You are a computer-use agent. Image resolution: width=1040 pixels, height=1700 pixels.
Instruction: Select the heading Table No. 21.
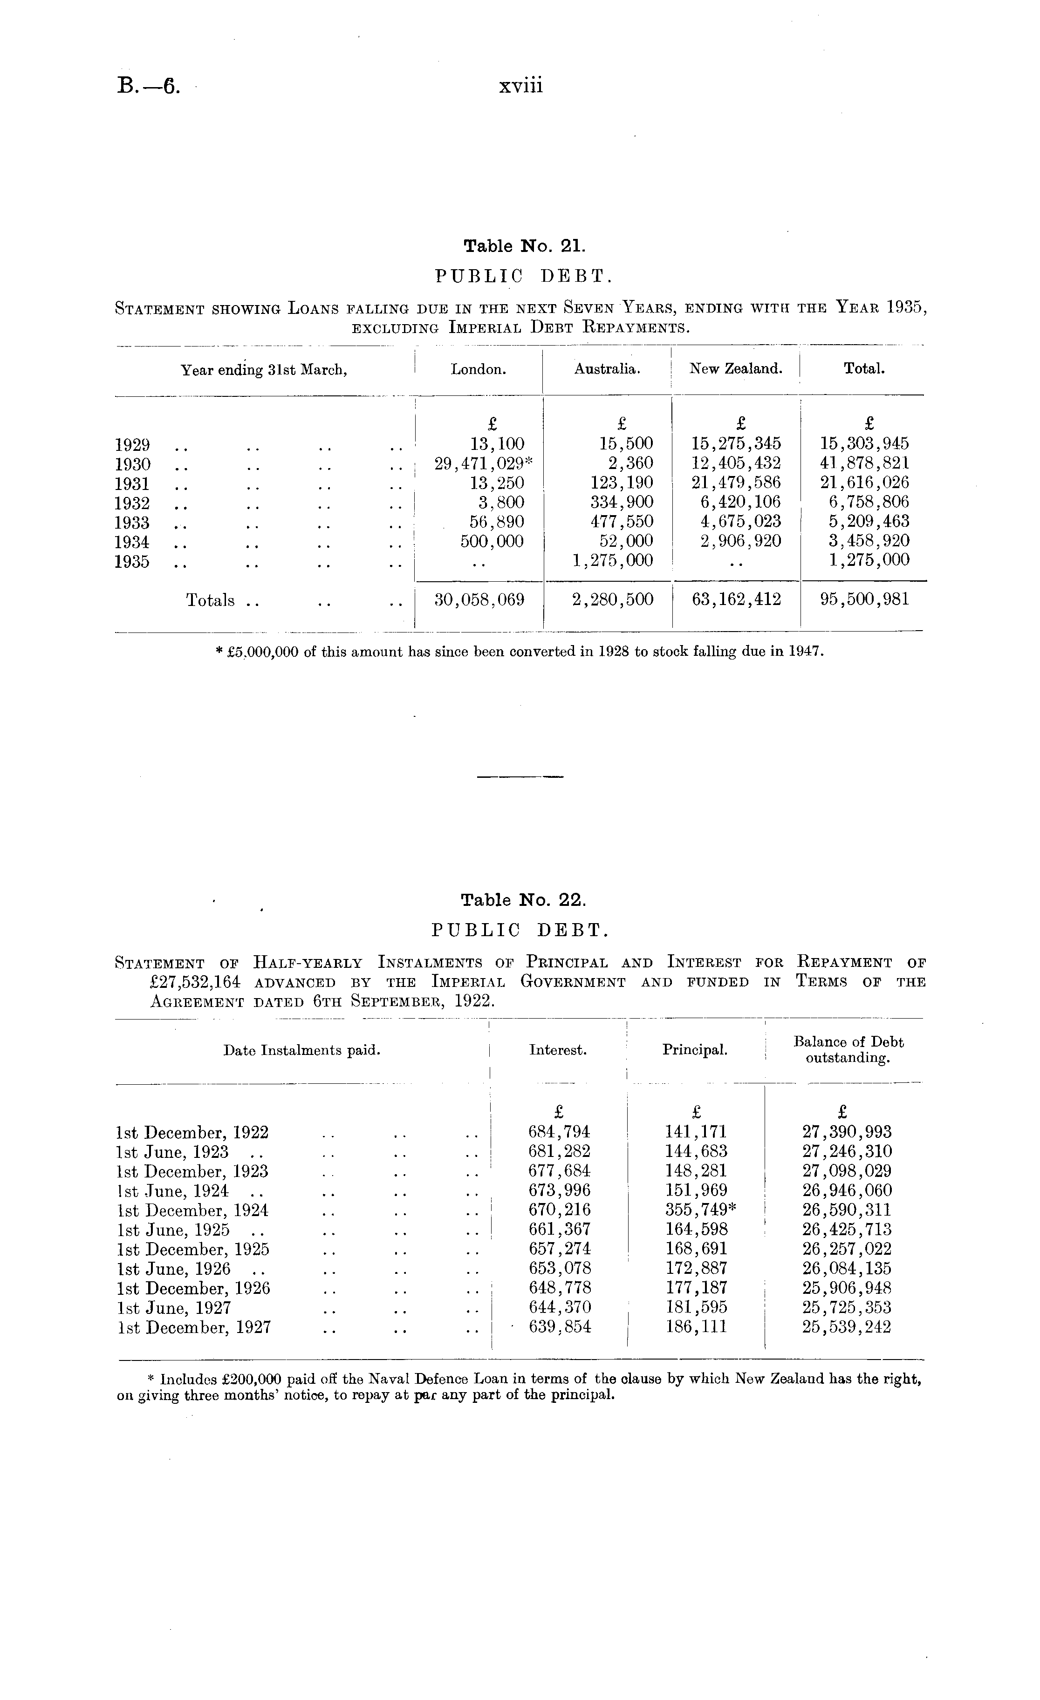[525, 246]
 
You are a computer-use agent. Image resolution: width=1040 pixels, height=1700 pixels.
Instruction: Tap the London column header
[478, 369]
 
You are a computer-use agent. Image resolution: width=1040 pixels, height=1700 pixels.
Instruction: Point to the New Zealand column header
[736, 369]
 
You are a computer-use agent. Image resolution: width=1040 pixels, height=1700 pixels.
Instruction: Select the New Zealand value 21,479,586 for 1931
[736, 483]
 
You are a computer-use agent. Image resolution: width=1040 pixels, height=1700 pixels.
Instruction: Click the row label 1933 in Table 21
[132, 522]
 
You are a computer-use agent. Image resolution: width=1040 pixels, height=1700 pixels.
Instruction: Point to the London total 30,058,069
[479, 599]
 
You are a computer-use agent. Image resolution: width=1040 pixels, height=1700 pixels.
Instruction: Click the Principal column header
[695, 1050]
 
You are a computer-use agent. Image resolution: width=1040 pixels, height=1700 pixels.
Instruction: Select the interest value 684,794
[559, 1132]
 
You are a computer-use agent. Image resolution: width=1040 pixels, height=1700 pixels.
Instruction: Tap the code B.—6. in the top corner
[148, 87]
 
